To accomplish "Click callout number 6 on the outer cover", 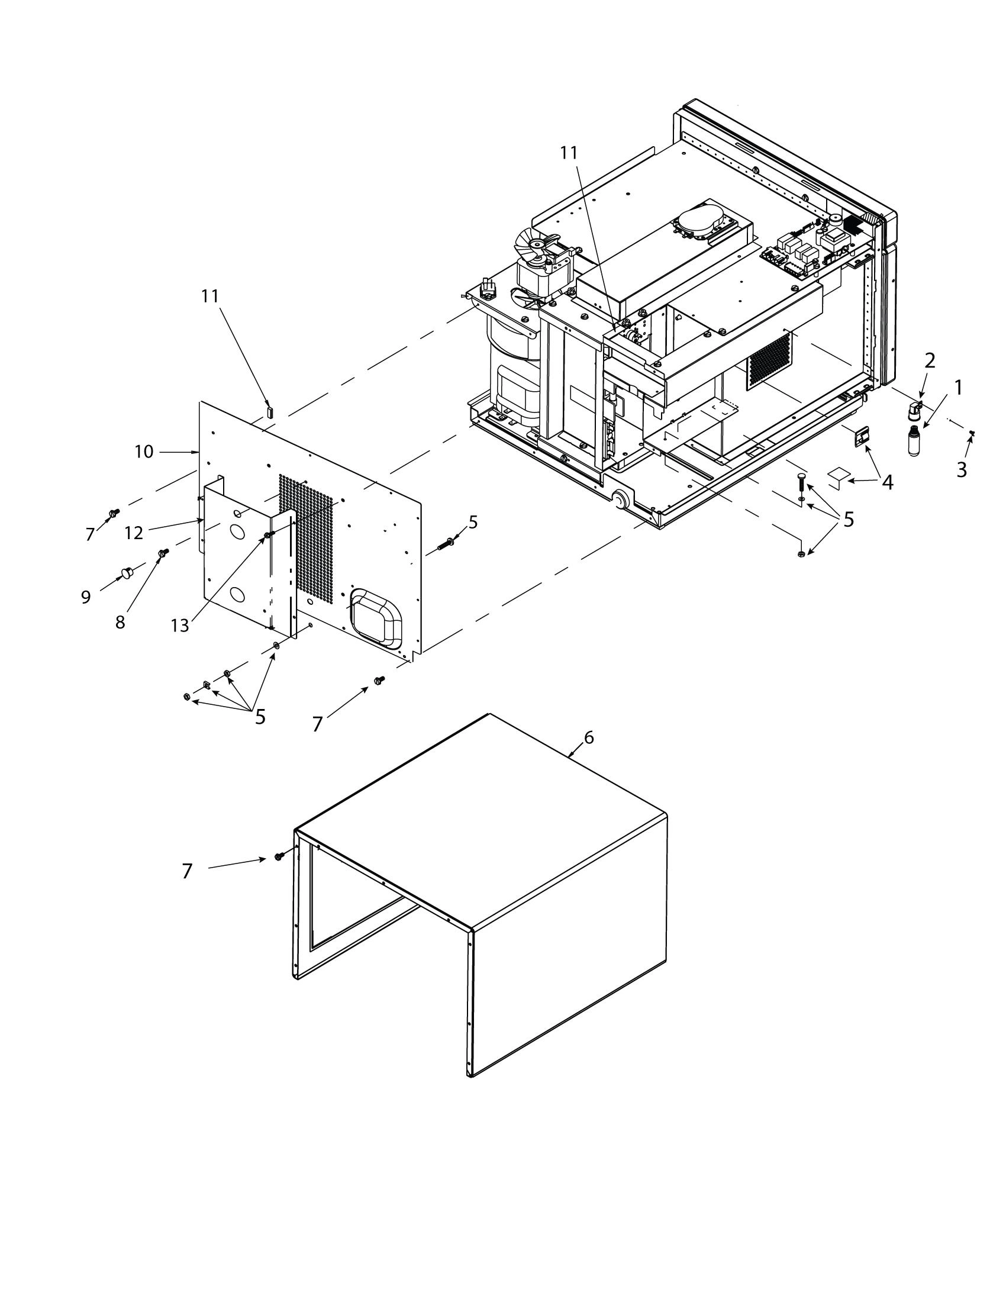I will [x=589, y=737].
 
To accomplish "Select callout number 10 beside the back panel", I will [x=144, y=452].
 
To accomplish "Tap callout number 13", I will [x=179, y=626].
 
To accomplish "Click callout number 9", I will [x=86, y=597].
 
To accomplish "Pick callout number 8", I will [x=120, y=623].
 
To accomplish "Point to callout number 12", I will [x=134, y=533].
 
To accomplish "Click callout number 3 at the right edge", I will [x=962, y=469].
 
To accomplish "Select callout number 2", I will [x=930, y=360].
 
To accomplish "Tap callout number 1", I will [x=957, y=388].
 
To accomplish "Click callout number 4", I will [x=888, y=482].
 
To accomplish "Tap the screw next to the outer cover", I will [x=278, y=857].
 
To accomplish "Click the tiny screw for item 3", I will [x=972, y=433].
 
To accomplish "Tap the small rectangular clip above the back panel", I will [x=269, y=411].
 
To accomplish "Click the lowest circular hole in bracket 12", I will [x=237, y=594].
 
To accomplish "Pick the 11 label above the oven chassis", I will [x=569, y=153].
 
